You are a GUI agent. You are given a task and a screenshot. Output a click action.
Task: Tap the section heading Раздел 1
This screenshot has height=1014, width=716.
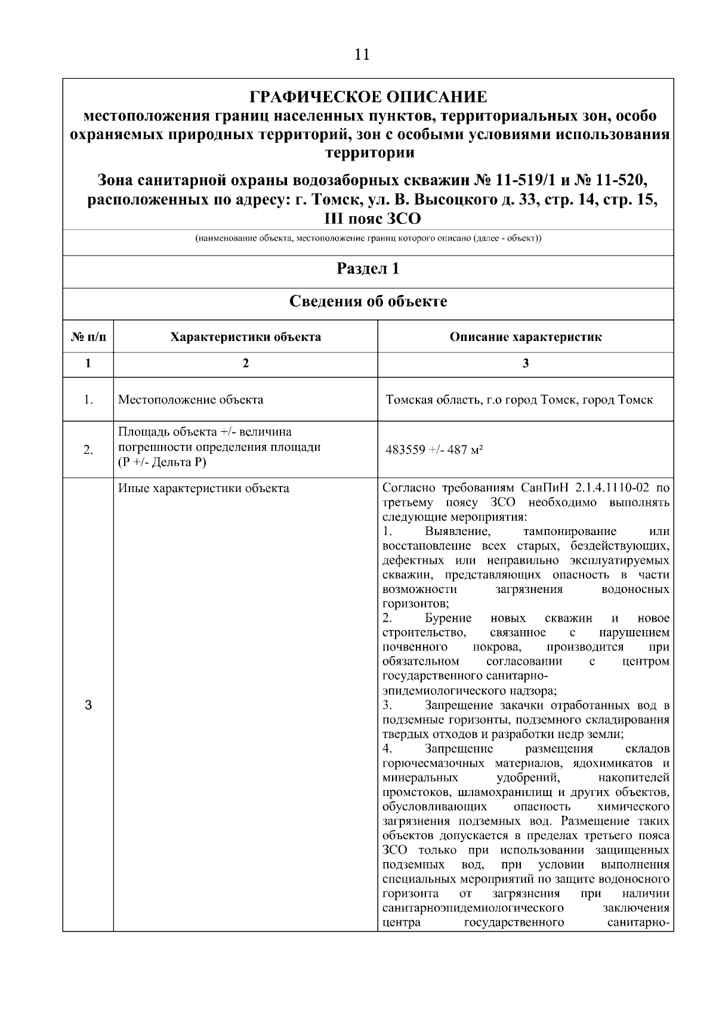(x=368, y=269)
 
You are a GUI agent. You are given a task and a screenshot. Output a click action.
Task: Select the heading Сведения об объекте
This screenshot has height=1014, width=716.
(x=368, y=301)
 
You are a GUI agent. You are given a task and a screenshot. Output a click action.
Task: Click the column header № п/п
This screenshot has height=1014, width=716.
(x=88, y=337)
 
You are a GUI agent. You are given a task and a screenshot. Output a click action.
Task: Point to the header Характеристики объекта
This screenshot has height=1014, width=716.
(x=245, y=337)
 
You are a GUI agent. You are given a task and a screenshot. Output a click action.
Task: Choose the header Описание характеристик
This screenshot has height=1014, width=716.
(x=525, y=337)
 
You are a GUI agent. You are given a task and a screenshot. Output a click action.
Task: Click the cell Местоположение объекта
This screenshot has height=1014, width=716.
(x=190, y=400)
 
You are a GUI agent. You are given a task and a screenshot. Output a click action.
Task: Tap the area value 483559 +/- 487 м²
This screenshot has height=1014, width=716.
(x=434, y=450)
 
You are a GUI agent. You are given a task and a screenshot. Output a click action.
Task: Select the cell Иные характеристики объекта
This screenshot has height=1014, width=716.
(x=203, y=488)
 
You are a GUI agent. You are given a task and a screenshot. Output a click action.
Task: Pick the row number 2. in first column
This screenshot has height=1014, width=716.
(x=88, y=450)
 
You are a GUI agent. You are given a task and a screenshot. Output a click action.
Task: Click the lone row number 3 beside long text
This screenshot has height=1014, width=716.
(x=88, y=705)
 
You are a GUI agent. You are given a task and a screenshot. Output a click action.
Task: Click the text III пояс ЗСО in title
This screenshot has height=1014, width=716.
(x=372, y=219)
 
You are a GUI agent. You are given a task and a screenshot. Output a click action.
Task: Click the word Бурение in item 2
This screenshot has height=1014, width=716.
(x=448, y=618)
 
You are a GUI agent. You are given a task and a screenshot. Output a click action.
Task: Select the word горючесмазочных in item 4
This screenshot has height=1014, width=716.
(x=435, y=764)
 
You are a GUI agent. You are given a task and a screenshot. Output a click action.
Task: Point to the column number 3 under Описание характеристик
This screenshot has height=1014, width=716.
(x=525, y=363)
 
